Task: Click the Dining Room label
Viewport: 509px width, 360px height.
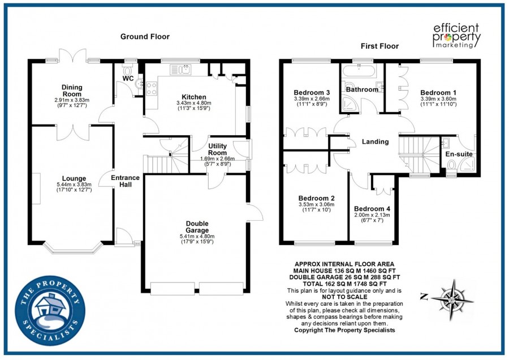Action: point(72,91)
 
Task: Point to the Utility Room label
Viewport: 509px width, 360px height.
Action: point(217,149)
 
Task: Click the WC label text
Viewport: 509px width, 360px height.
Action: point(128,78)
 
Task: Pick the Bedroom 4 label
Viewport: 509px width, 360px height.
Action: point(372,208)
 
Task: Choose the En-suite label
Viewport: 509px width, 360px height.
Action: point(459,153)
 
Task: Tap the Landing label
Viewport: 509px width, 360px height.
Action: point(375,142)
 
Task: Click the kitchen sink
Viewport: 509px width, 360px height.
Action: point(184,70)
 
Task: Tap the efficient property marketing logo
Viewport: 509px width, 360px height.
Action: point(456,35)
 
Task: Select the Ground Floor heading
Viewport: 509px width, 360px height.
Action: point(145,37)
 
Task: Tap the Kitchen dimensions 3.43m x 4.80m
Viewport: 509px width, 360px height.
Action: point(193,103)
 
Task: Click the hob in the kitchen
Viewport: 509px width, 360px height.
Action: point(152,88)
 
